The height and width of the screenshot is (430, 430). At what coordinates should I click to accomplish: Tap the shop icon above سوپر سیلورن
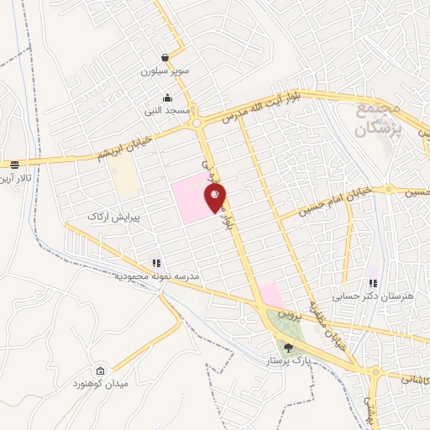tap(166, 58)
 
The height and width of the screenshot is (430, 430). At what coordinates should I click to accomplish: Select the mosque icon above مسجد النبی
tap(167, 97)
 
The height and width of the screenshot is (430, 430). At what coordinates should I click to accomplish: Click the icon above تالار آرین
tap(14, 165)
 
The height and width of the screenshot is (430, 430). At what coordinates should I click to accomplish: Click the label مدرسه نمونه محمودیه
tap(155, 276)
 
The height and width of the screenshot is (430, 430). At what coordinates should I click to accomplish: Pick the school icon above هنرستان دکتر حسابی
tap(374, 284)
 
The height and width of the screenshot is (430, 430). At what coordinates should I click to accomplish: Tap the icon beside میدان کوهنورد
tap(102, 371)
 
